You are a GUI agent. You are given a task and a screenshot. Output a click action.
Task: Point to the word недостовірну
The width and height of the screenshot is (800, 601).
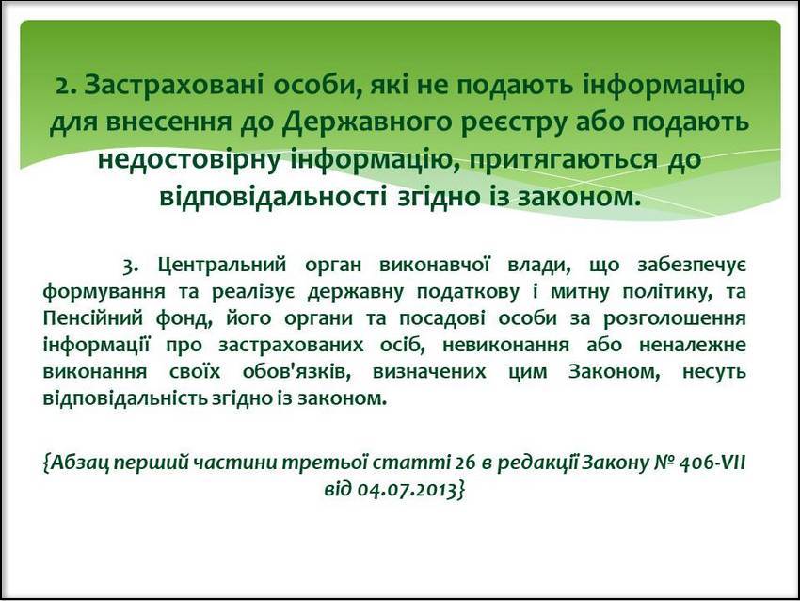click(x=189, y=160)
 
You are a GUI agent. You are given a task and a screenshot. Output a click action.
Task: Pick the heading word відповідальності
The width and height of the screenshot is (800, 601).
click(x=272, y=196)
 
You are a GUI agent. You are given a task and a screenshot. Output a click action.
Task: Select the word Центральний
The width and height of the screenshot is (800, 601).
click(x=221, y=266)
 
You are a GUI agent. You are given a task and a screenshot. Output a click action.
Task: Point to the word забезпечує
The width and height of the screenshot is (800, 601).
click(x=692, y=266)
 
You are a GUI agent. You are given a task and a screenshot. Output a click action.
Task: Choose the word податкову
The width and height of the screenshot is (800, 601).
click(x=468, y=293)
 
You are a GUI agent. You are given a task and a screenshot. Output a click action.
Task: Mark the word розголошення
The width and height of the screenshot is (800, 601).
click(x=675, y=319)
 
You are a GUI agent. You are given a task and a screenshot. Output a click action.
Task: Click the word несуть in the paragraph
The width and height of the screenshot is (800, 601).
click(x=714, y=372)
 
